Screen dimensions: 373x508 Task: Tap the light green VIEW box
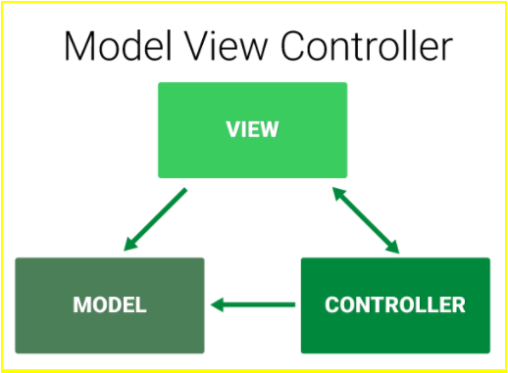point(252,129)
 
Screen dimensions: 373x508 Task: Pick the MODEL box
point(109,304)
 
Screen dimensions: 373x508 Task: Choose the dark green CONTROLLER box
point(394,304)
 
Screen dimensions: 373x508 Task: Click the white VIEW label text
point(252,129)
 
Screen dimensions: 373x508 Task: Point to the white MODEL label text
point(109,304)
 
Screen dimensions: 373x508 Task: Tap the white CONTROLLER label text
point(394,304)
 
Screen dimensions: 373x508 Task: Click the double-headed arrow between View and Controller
point(366,218)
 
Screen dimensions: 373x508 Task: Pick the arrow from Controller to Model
point(253,304)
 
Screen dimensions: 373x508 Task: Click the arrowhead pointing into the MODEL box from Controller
point(220,304)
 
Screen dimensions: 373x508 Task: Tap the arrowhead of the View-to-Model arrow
point(130,243)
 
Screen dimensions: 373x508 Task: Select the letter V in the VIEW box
point(231,129)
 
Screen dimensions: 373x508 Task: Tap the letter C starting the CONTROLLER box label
point(331,304)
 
